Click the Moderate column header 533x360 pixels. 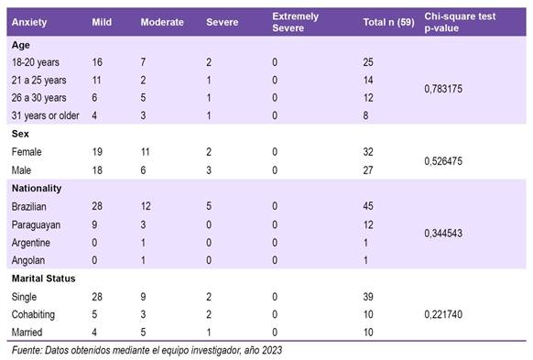coord(162,22)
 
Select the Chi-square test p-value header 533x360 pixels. coord(460,22)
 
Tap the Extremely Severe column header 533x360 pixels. coord(296,22)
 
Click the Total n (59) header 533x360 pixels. coord(388,22)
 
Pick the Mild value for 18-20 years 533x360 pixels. coord(97,62)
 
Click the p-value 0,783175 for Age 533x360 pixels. coord(443,89)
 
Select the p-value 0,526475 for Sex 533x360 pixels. coord(443,161)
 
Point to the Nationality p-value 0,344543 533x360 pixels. coord(443,234)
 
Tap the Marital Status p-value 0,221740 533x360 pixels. coord(443,314)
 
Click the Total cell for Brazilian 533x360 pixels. coord(368,206)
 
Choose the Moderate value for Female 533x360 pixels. coord(145,152)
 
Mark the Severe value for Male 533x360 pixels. coord(209,170)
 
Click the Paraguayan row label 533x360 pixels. coord(36,225)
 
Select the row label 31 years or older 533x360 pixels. coord(45,115)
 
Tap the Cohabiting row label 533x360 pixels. coord(33,315)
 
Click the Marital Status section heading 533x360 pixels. coord(44,278)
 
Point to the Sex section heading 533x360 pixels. coord(20,134)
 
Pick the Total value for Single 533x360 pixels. coord(368,297)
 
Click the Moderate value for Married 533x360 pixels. coord(143,333)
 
